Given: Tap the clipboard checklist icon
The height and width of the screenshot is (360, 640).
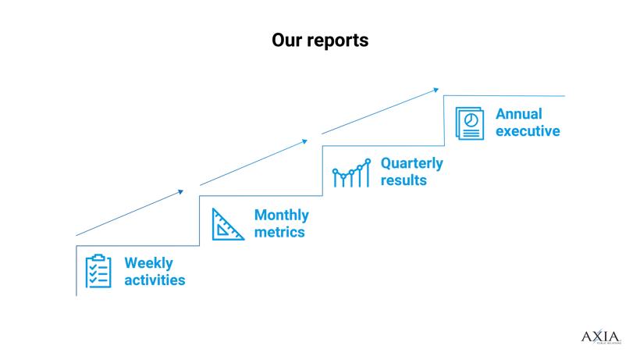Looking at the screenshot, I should (98, 271).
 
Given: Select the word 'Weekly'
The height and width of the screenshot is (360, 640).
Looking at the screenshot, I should (149, 263).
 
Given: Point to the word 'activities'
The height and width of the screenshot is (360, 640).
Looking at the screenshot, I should (155, 280).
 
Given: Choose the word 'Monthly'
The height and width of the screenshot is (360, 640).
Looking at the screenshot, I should (281, 216).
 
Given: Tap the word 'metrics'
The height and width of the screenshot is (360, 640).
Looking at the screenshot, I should (279, 232).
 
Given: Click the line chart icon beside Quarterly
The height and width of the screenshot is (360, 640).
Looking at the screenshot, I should (351, 174).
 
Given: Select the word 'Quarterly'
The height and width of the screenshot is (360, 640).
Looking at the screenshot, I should (411, 164).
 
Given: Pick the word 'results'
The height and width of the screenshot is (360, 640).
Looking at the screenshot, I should (404, 180).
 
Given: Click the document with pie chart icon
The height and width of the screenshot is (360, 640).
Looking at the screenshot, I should (470, 123).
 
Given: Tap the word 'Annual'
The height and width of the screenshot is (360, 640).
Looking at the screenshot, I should (518, 115).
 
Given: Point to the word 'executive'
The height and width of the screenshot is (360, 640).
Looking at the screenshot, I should (528, 131).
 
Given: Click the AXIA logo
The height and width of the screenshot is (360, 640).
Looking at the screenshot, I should (600, 337).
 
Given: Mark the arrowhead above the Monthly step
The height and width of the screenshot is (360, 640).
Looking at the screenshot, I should (182, 189).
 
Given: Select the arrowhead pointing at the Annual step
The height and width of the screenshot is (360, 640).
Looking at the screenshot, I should (436, 90).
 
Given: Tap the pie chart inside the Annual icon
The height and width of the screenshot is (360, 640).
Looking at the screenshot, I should (471, 119).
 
